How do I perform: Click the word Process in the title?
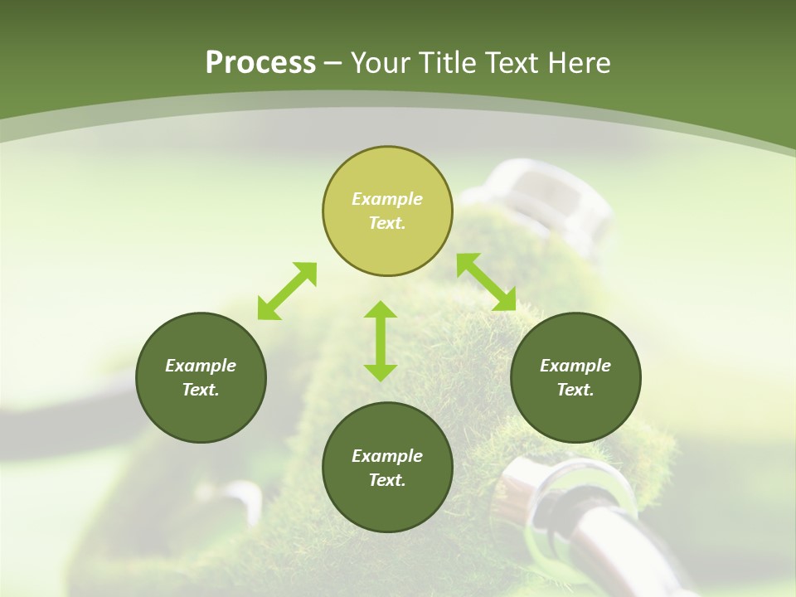pyautogui.click(x=260, y=63)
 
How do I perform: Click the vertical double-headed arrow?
pyautogui.click(x=381, y=341)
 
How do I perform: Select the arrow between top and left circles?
pyautogui.click(x=287, y=291)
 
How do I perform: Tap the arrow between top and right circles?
pyautogui.click(x=487, y=282)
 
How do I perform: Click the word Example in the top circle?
pyautogui.click(x=387, y=199)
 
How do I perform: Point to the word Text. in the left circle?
pyautogui.click(x=201, y=390)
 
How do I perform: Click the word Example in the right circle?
pyautogui.click(x=575, y=366)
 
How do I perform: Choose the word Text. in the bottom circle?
pyautogui.click(x=387, y=480)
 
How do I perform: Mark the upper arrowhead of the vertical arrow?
pyautogui.click(x=381, y=311)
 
